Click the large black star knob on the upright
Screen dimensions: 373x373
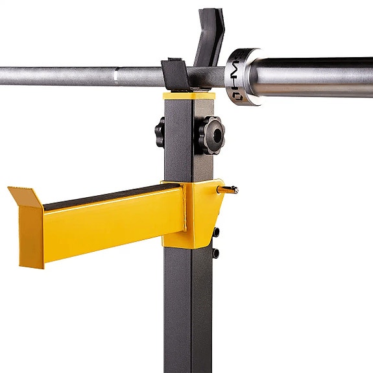coord(211,135)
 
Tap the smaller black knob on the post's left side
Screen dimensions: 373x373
coord(160,132)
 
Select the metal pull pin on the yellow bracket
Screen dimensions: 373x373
coord(230,189)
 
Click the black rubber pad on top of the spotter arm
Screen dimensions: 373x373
coord(110,195)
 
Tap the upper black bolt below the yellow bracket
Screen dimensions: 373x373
coord(216,232)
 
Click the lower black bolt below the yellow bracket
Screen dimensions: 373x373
coord(216,253)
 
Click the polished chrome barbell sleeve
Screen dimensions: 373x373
coord(311,77)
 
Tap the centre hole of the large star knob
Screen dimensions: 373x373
coord(213,135)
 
